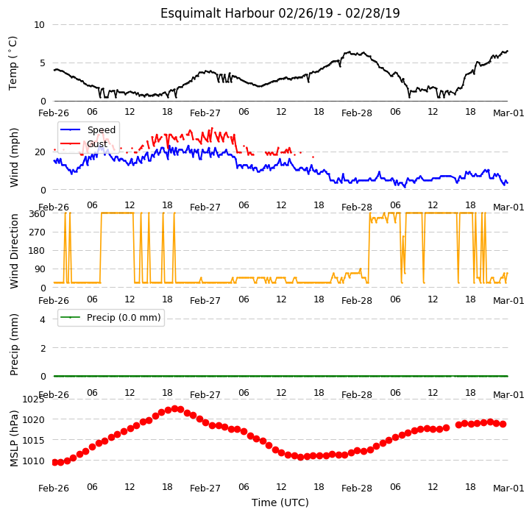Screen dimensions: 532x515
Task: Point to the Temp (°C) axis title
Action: tap(13, 63)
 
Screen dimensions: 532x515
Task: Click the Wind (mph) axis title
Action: tap(13, 157)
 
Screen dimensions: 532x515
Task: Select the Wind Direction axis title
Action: tap(13, 251)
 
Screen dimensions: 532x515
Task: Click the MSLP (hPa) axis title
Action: tap(13, 438)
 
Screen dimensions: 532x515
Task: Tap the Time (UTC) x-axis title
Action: tap(280, 502)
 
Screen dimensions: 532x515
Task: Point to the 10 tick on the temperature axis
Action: tap(39, 25)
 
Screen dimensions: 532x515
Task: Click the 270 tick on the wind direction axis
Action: tap(38, 232)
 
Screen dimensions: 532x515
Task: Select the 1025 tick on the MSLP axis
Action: tap(33, 399)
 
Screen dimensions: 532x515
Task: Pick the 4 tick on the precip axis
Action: tap(43, 319)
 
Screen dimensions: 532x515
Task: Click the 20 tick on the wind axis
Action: tap(40, 152)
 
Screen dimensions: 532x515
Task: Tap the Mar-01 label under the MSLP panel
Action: tap(508, 489)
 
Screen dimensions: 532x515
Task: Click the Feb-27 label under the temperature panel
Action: tap(205, 113)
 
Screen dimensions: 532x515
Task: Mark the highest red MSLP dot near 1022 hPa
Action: tap(174, 409)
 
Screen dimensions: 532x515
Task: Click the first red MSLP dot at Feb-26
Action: tap(54, 463)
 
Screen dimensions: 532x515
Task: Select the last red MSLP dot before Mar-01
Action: tap(503, 424)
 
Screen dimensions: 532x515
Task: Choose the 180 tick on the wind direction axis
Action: tap(38, 251)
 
